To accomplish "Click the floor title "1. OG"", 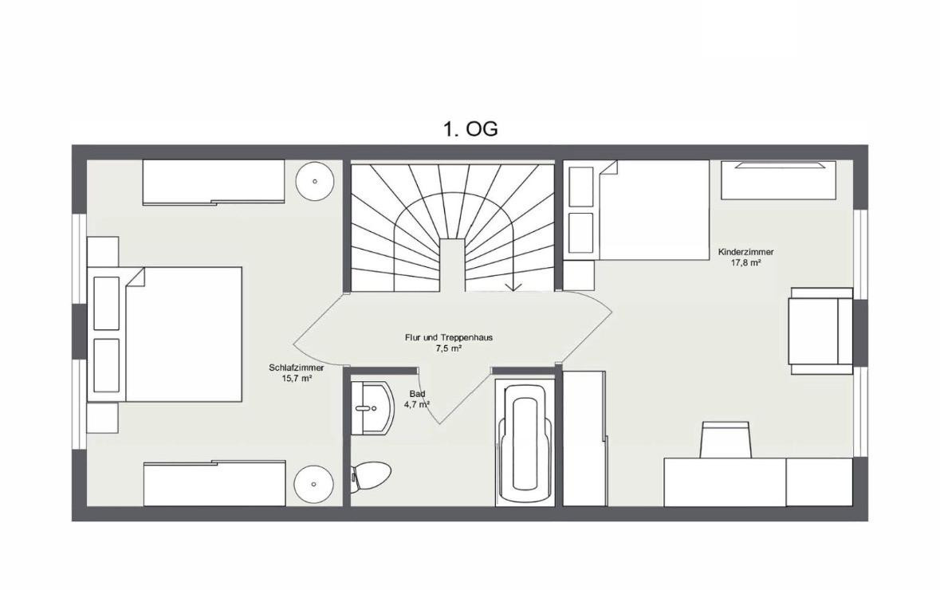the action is coord(470,129).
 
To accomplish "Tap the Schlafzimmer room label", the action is coord(296,368).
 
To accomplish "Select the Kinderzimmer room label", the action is coord(745,253).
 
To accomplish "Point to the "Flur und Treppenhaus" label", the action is coord(448,337).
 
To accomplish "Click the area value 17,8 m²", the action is coord(745,262).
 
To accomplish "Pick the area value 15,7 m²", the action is coord(297,379).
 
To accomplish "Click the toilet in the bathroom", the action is coord(371,477).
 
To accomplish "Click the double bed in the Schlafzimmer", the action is coord(165,334).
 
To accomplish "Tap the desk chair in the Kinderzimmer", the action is coord(726,439).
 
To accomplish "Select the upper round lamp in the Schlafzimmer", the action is coord(315,181).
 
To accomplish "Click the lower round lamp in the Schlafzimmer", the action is coord(314,484).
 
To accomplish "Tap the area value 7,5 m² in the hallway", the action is coord(448,348).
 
